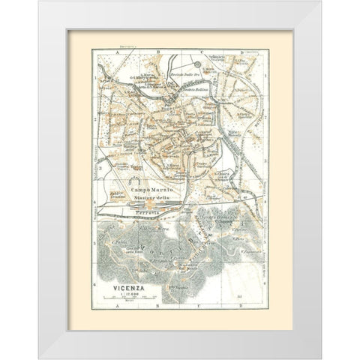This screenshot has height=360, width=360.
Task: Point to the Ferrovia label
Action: tap(148, 213)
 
